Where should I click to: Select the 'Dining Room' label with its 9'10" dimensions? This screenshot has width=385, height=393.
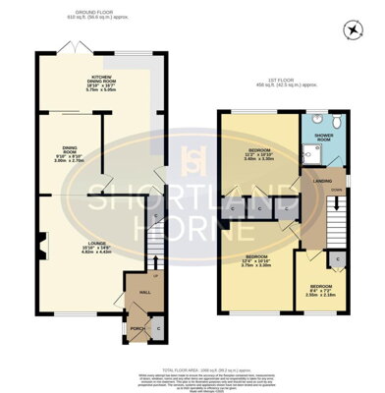[x=70, y=151]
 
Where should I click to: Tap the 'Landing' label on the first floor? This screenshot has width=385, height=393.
[x=322, y=182]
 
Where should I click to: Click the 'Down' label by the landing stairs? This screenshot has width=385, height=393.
[x=335, y=189]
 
